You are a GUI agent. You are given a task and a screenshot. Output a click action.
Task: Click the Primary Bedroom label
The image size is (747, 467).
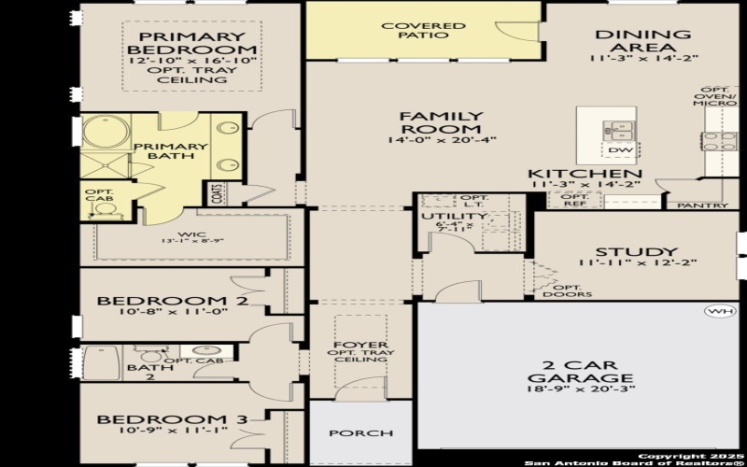click(x=191, y=42)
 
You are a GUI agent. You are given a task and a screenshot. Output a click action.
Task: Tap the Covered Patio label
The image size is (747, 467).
click(x=423, y=30)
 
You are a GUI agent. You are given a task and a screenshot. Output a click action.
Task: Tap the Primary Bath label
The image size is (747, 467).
click(x=170, y=151)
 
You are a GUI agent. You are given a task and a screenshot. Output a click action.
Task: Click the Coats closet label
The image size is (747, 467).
click(x=217, y=193)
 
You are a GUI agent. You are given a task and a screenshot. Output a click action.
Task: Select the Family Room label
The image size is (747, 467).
click(x=441, y=122)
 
